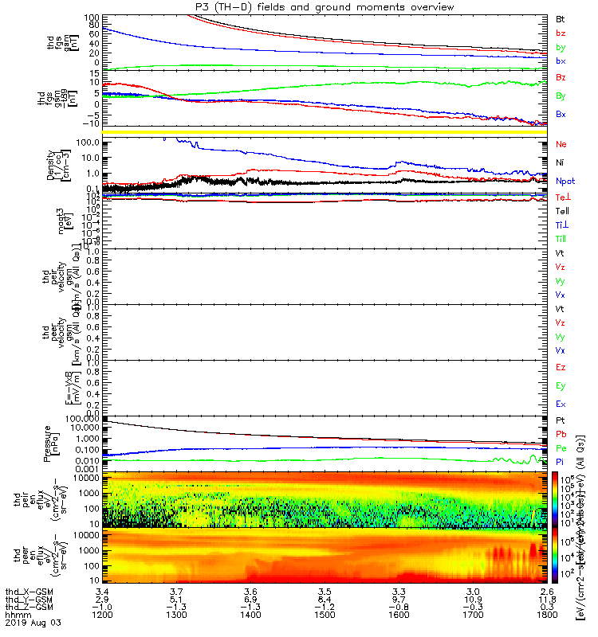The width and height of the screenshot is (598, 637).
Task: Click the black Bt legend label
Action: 561,18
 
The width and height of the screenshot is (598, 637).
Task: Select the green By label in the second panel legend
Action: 561,96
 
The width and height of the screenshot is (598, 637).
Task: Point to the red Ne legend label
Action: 561,145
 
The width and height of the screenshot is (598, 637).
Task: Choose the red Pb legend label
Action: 561,434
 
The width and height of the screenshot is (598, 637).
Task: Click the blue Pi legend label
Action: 561,461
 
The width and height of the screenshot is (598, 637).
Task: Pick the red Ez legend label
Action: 561,368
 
